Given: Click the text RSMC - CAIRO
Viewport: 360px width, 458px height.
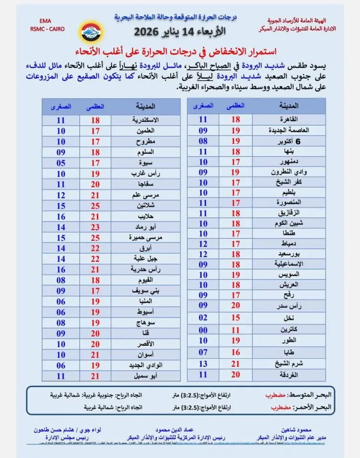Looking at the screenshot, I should coord(45,29).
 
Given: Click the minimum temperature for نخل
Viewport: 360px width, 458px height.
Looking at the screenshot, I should coord(203,318).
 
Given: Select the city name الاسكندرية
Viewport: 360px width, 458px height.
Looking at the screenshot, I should coord(145,120).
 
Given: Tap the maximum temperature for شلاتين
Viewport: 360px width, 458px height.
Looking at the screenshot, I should coord(96,205).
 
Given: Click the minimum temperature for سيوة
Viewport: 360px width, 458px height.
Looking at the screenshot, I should coord(61,163).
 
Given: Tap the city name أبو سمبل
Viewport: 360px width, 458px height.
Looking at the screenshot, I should coord(145,376).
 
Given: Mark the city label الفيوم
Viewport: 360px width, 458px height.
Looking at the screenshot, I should coord(145,280).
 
